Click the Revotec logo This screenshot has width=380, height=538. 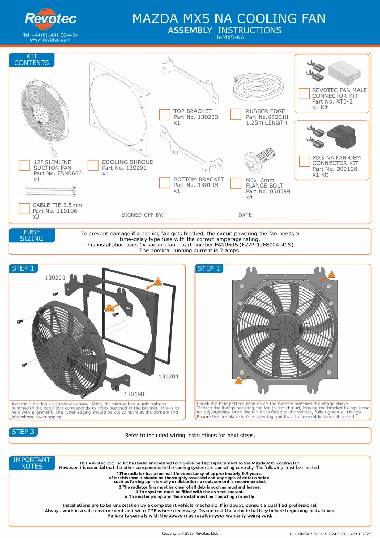(x=50, y=19)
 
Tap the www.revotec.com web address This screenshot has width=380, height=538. (x=50, y=39)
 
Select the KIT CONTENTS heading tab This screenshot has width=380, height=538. (x=32, y=59)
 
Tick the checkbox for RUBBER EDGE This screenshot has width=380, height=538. (x=236, y=115)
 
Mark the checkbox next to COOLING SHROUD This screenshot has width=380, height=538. (x=93, y=165)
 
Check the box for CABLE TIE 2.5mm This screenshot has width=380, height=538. (x=24, y=208)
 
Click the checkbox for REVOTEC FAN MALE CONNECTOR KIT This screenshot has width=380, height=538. (x=303, y=94)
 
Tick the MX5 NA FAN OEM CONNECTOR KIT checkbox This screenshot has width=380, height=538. (x=303, y=161)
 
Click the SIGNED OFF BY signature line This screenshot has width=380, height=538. (x=199, y=216)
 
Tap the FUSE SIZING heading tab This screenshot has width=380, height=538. (x=32, y=235)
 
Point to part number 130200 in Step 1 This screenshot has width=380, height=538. (x=55, y=277)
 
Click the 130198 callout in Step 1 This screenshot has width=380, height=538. (x=134, y=392)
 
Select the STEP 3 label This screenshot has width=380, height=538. (x=23, y=432)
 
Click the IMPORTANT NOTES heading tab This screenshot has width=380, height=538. (x=32, y=462)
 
